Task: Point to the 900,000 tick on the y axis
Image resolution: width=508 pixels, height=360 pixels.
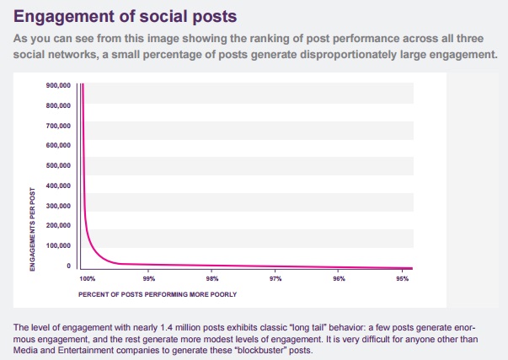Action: click(x=58, y=86)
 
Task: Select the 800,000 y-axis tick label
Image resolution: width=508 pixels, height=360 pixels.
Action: click(x=58, y=106)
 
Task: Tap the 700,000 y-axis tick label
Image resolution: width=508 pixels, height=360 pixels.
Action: click(x=58, y=126)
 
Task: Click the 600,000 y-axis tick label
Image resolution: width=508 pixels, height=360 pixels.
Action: click(x=58, y=146)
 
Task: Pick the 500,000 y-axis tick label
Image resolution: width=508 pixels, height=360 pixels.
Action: click(x=58, y=166)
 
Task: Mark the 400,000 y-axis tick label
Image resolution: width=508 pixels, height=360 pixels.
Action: click(x=58, y=185)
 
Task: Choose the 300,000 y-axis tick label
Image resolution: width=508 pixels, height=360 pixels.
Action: click(x=58, y=206)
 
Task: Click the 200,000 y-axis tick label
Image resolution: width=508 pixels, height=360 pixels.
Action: click(x=58, y=225)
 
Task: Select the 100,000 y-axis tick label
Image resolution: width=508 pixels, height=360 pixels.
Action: click(x=58, y=245)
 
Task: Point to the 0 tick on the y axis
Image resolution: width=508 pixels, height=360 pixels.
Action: click(x=68, y=266)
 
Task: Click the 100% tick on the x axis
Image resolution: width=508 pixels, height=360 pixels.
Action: click(x=88, y=277)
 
